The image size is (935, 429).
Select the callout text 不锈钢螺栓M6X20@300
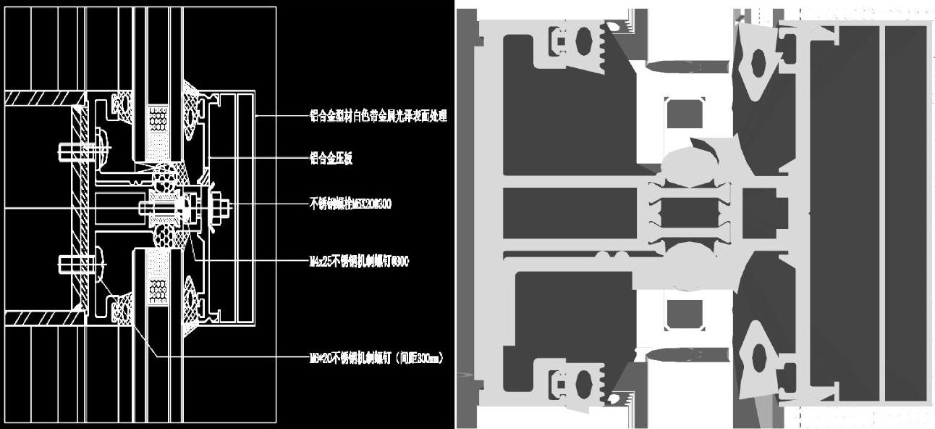[x=350, y=204]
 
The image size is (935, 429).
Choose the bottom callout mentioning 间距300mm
[x=376, y=357]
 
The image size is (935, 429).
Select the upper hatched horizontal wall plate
[x=42, y=98]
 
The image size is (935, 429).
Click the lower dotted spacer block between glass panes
[x=157, y=286]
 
